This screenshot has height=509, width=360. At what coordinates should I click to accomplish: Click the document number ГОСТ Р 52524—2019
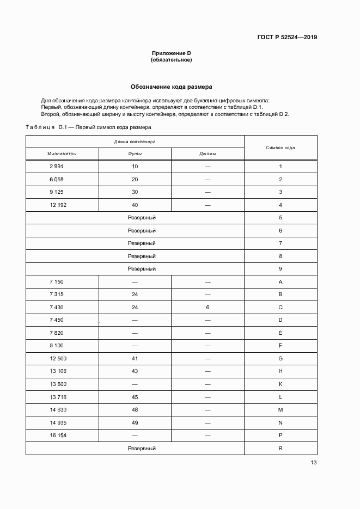pos(287,37)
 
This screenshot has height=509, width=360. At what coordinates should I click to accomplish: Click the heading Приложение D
pos(171,53)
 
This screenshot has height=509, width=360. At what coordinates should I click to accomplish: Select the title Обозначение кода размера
pos(171,87)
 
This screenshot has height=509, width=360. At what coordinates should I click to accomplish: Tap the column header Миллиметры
pos(62,154)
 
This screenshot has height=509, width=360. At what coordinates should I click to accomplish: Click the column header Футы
pos(135,154)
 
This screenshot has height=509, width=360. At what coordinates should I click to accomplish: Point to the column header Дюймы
pos(208,154)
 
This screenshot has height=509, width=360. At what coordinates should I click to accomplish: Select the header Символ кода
pos(280,148)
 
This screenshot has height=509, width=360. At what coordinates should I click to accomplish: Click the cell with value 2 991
pos(57,167)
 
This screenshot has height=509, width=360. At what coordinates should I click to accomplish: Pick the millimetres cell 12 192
pos(58,205)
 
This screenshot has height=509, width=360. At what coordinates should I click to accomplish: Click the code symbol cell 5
pos(280,218)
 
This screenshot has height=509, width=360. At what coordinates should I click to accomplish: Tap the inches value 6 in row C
pos(208,308)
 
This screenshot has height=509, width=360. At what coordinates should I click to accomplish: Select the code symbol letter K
pos(280,384)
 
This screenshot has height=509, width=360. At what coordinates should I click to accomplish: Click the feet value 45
pos(135,397)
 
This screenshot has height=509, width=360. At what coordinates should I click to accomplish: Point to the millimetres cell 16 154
pos(58,436)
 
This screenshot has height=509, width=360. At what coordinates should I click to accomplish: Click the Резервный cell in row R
pos(142,449)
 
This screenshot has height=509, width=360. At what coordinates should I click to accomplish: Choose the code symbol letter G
pos(280,359)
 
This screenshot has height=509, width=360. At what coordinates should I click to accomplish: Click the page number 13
pos(313,463)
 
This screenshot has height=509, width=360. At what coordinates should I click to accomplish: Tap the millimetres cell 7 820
pos(57,333)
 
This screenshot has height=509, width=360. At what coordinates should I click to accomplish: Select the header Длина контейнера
pos(135,141)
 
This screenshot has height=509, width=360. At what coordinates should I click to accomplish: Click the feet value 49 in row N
pos(135,423)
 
